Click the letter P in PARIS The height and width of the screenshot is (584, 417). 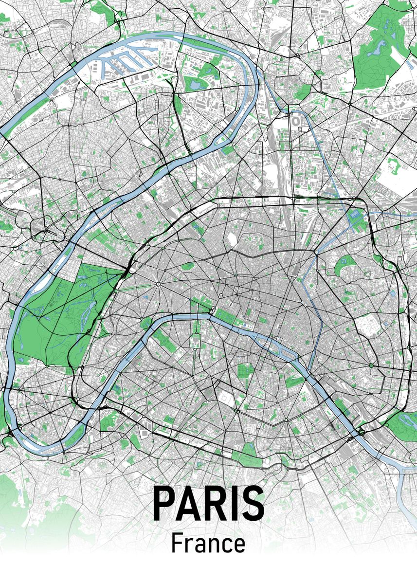pyautogui.click(x=164, y=503)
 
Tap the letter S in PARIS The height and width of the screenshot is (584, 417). pyautogui.click(x=253, y=503)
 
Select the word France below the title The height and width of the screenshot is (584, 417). pyautogui.click(x=208, y=544)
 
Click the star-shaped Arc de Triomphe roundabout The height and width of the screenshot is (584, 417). pyautogui.click(x=159, y=284)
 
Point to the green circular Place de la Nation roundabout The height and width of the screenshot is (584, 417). pyautogui.click(x=371, y=365)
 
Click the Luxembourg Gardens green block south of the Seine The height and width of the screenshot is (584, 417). pyautogui.click(x=245, y=372)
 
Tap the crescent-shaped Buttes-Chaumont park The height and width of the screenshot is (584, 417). pyautogui.click(x=345, y=265)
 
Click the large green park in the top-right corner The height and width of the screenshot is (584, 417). pyautogui.click(x=384, y=49)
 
